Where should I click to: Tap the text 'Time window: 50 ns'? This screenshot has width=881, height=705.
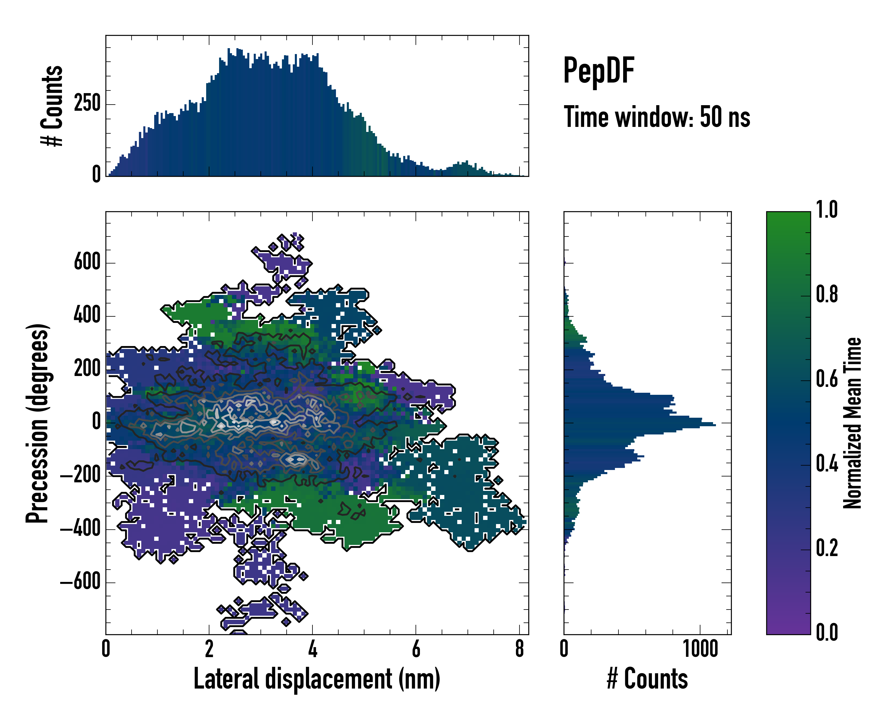point(657,117)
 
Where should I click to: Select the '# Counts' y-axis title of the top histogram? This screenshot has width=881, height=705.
point(52,106)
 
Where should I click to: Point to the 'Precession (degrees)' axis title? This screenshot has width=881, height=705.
point(38,423)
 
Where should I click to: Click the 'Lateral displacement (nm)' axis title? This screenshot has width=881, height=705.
point(317,679)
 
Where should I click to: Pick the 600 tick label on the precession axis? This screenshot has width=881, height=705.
point(87,262)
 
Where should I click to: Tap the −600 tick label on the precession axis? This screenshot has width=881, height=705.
point(80,582)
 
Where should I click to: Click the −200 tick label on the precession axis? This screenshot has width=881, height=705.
point(80,475)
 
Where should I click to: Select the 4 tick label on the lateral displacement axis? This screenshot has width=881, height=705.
point(312,649)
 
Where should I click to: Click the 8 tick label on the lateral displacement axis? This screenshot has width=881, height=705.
point(519,649)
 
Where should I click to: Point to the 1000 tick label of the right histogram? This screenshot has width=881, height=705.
point(700,649)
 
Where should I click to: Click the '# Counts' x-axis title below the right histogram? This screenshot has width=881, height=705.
point(647,679)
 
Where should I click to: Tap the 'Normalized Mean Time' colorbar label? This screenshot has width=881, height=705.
point(853,423)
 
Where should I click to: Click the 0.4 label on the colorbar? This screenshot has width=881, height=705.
point(827,465)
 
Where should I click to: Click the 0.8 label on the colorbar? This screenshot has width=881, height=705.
point(827,295)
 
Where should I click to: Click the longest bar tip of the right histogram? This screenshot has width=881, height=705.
point(715,425)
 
